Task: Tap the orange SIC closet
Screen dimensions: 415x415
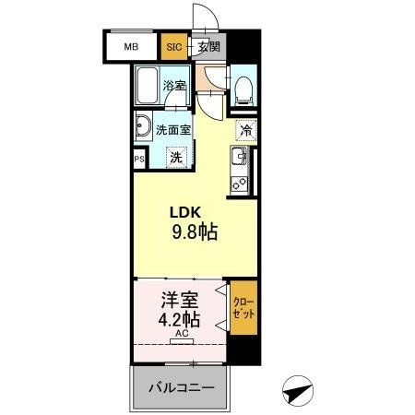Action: click(x=172, y=44)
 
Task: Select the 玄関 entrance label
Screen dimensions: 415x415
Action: click(x=209, y=44)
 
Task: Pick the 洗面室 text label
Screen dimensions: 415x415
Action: click(x=173, y=130)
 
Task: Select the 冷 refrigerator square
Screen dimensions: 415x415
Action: click(x=246, y=130)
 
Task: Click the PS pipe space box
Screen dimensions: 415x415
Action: click(x=138, y=159)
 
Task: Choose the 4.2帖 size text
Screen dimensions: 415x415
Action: click(x=181, y=323)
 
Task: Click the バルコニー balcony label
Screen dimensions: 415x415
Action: click(x=181, y=388)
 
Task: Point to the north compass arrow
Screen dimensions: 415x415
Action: click(x=296, y=391)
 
